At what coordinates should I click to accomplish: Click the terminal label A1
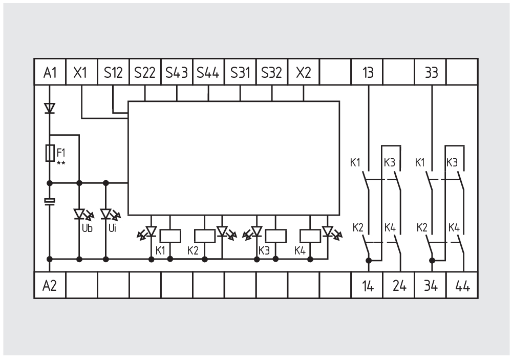click(50, 72)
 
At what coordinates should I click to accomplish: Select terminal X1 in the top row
click(81, 72)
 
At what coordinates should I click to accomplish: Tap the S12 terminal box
click(113, 72)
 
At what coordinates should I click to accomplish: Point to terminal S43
click(177, 72)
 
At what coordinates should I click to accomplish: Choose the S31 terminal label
click(240, 72)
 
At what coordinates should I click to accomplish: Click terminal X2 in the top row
click(304, 72)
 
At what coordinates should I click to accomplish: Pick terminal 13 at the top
click(367, 72)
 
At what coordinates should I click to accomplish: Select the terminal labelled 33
click(431, 72)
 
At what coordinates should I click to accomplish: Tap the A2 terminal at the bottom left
click(50, 286)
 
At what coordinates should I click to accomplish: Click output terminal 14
click(367, 286)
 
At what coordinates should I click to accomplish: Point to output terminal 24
click(399, 286)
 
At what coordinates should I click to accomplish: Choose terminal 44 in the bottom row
click(463, 286)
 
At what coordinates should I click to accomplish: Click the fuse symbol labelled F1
click(50, 153)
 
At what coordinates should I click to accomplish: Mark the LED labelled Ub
click(79, 214)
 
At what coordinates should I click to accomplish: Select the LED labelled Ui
click(106, 214)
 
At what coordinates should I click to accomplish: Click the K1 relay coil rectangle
click(169, 236)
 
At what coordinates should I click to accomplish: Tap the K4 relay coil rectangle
click(310, 236)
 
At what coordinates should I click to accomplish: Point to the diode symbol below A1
click(50, 108)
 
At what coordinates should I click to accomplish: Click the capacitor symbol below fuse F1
click(50, 201)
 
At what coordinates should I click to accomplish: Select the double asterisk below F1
click(60, 163)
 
